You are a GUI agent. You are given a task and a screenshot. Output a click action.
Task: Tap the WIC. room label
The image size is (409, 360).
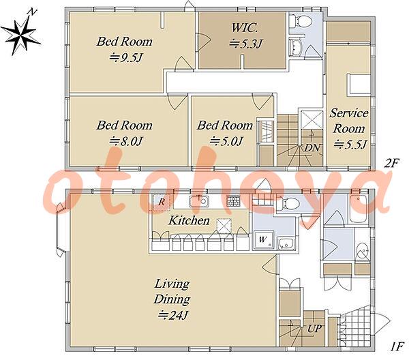click(245, 27)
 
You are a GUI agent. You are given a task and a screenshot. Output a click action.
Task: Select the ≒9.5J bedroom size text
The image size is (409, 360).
click(125, 57)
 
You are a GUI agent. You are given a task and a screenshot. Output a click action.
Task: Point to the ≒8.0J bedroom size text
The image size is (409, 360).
click(125, 141)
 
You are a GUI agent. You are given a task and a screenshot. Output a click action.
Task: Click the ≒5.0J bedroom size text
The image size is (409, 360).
click(226, 141)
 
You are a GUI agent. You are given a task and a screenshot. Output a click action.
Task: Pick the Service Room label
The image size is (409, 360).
click(349, 121)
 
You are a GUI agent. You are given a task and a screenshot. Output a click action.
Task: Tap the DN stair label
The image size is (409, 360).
click(312, 148)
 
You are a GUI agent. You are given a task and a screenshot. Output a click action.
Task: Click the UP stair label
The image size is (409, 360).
click(314, 329)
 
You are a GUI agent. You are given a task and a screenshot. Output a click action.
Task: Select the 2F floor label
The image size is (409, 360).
click(392, 164)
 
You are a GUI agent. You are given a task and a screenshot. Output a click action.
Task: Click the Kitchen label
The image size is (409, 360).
click(189, 220)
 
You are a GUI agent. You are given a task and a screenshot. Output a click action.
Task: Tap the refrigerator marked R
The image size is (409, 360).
click(162, 202)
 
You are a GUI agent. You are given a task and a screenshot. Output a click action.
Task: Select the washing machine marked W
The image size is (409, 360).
click(263, 240)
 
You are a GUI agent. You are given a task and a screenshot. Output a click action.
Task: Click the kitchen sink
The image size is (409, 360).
click(199, 201)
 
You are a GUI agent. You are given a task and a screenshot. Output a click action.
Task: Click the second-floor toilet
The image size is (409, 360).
click(301, 20)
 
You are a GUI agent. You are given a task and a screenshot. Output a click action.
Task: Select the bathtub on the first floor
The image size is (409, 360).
click(359, 209)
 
